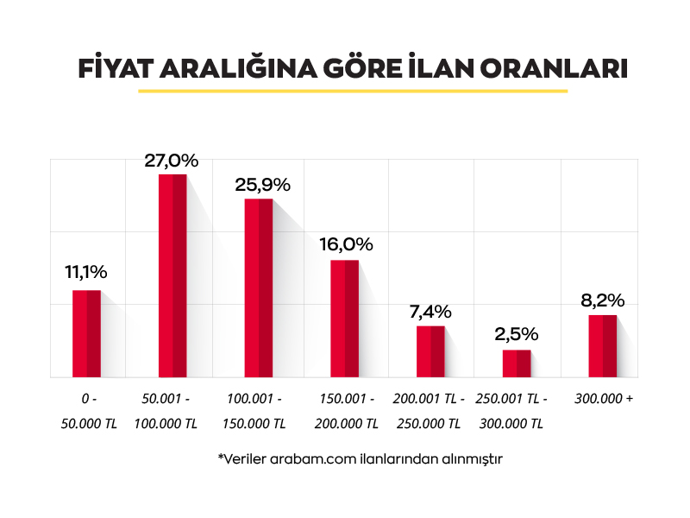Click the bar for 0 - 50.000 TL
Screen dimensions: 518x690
pos(86,333)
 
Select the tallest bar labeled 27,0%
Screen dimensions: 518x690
pos(172,275)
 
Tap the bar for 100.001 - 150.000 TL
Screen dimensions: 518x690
pos(259,287)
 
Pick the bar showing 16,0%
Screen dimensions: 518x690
pos(345,318)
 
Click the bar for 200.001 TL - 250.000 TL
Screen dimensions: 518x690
pos(430,351)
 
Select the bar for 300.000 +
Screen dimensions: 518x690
pos(603,345)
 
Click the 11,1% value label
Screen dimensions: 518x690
pos(86,273)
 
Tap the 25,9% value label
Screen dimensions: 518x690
pos(262,185)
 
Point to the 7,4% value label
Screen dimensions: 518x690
pos(431,311)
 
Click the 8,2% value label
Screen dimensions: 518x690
pos(603,300)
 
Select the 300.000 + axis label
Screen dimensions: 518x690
pos(604,400)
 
